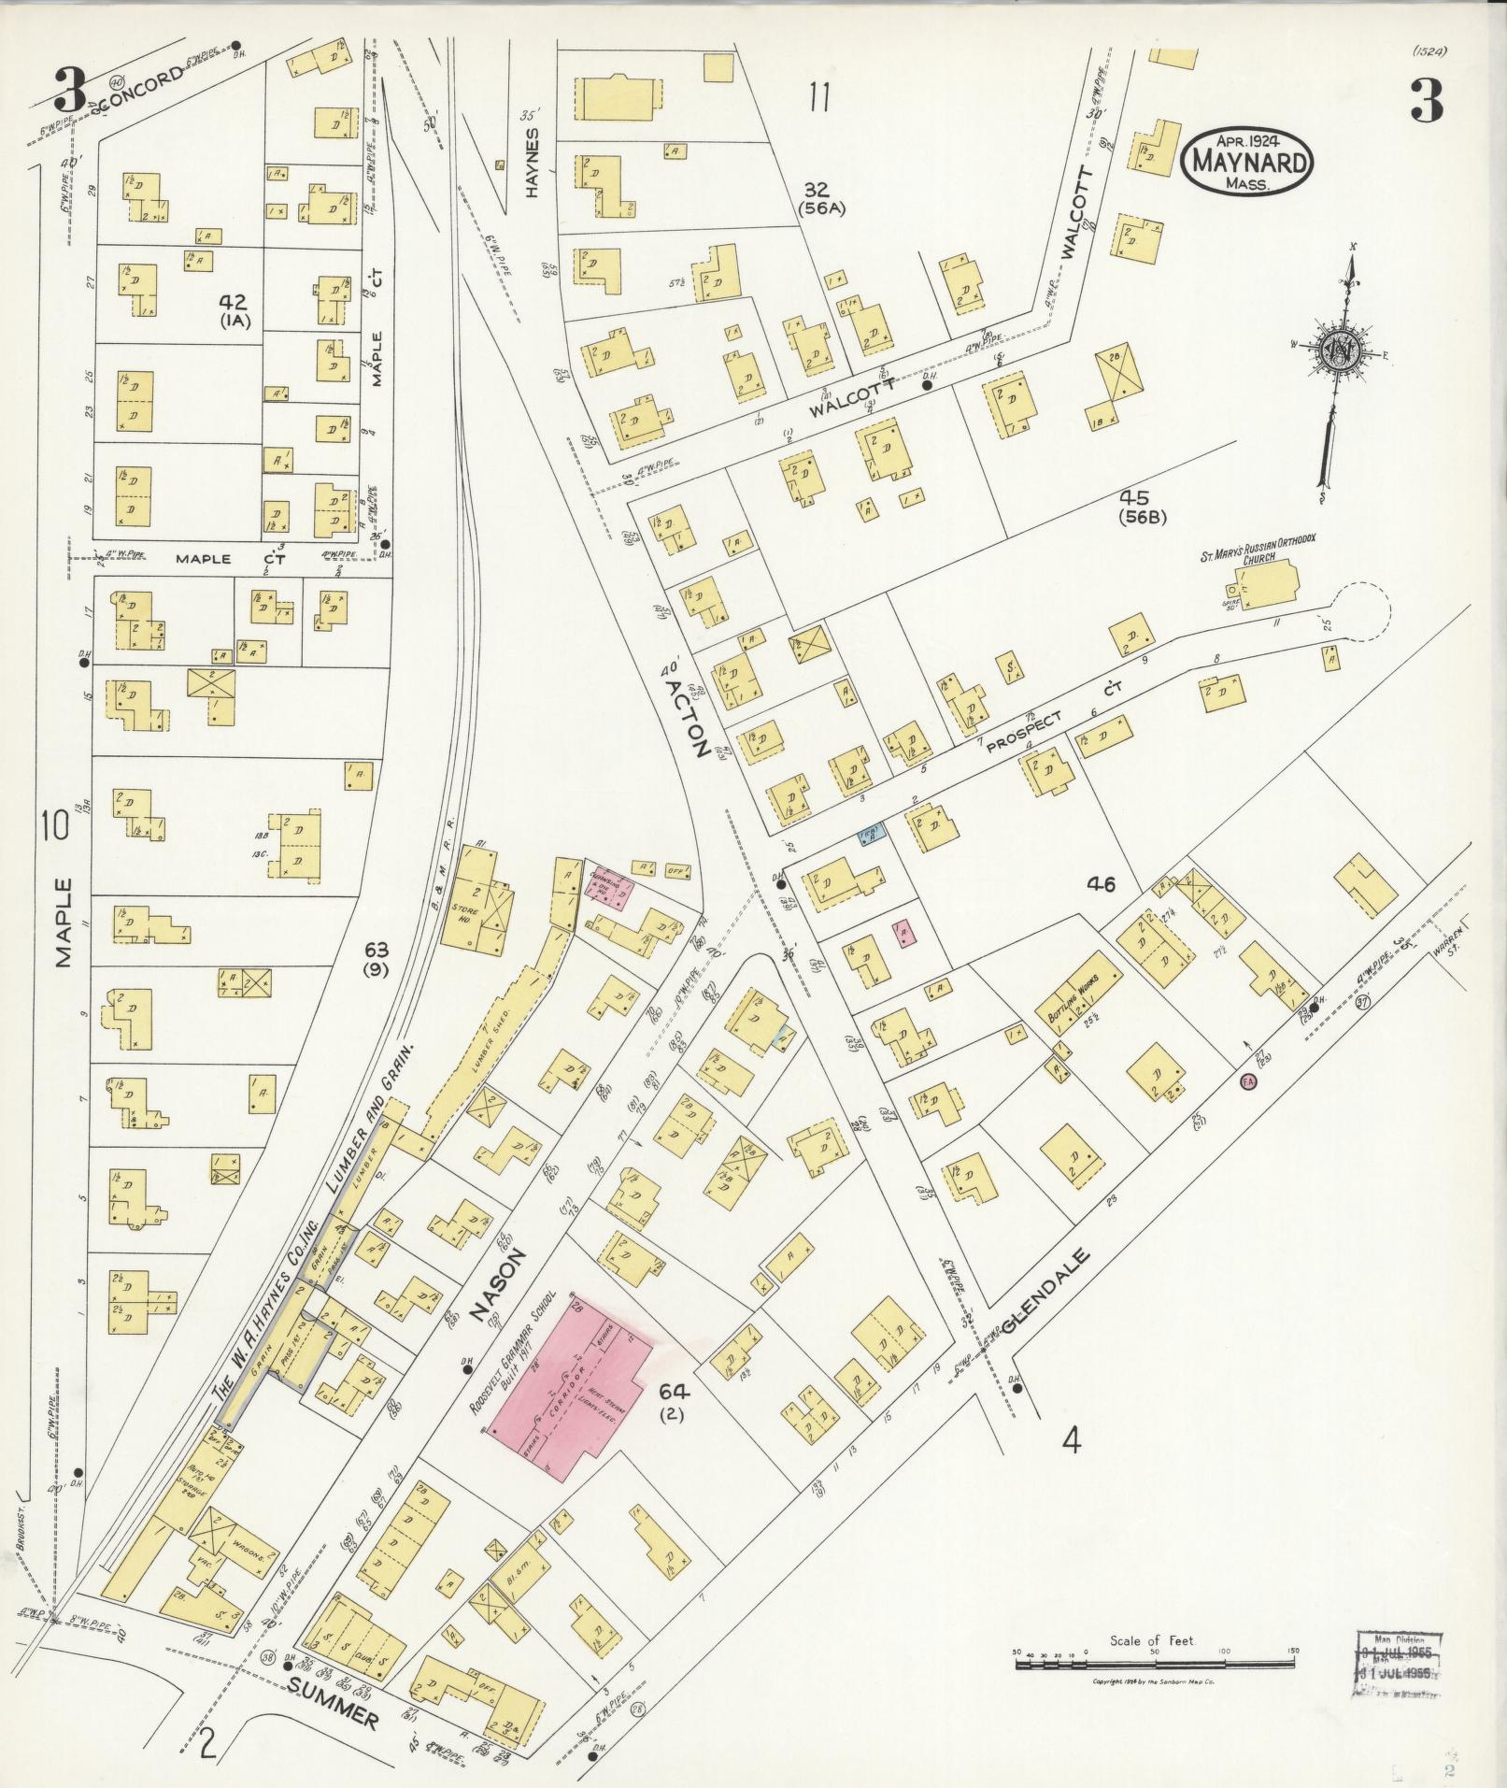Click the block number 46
(1102, 883)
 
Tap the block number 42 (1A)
(233, 309)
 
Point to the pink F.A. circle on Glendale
(1247, 1082)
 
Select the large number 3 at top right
(1426, 101)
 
